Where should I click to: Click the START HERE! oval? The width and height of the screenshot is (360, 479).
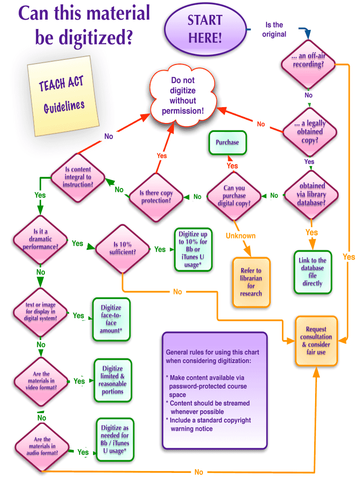coord(205,29)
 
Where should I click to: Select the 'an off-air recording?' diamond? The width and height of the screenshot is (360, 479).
coord(308,61)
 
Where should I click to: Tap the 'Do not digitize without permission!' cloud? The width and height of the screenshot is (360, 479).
coord(182,96)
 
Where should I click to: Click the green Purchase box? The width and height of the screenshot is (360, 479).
coord(227,142)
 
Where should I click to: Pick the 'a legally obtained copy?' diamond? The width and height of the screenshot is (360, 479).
coord(309,131)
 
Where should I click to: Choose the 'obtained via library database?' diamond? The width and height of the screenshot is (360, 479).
coord(311,194)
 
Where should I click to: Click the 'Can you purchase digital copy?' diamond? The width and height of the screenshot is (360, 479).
coord(234,196)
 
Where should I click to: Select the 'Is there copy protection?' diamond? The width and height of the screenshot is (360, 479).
coord(156,196)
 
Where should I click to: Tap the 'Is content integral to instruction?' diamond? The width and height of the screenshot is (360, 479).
coord(78,177)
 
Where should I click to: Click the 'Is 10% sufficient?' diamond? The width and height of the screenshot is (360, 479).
coord(122,248)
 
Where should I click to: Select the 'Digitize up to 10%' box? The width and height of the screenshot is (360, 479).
coord(193,249)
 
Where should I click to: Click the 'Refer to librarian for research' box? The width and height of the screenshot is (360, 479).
coord(251,282)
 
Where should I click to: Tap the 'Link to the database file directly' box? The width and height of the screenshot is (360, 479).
coord(312,272)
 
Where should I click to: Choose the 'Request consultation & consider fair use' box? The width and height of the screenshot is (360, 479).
coord(316,341)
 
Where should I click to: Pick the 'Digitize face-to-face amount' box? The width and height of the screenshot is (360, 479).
coord(111,319)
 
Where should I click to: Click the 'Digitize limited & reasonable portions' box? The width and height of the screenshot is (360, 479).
coord(112,380)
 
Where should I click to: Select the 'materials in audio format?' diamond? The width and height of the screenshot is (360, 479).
coord(42,446)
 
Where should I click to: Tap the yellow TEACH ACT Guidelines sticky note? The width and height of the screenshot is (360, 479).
coord(63,96)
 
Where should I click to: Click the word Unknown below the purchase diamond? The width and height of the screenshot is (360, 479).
coord(240,236)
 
